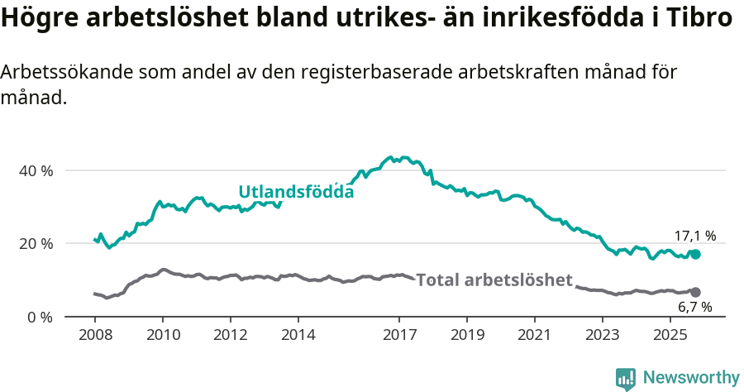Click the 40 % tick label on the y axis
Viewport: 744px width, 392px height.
coord(36,170)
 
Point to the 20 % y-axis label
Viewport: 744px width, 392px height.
coord(36,243)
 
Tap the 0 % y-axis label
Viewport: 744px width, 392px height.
coord(40,317)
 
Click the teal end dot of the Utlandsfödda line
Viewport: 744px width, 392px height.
coord(695,254)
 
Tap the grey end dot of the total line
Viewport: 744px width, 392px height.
coord(695,292)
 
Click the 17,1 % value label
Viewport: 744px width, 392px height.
coord(694,236)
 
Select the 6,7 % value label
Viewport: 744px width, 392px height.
coord(694,308)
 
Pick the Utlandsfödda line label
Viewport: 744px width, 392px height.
coord(296,192)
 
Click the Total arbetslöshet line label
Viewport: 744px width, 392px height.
coord(494,280)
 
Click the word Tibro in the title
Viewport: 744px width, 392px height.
coord(703,18)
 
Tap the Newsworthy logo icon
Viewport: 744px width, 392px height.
coord(626,379)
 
